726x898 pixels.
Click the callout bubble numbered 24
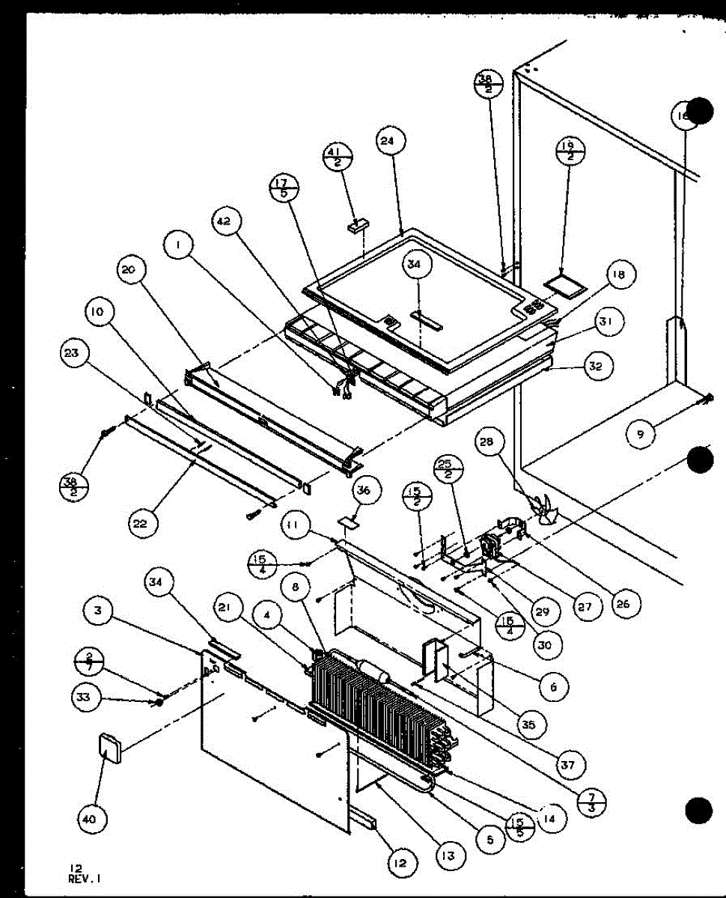[x=391, y=141]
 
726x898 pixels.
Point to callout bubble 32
[x=600, y=367]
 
